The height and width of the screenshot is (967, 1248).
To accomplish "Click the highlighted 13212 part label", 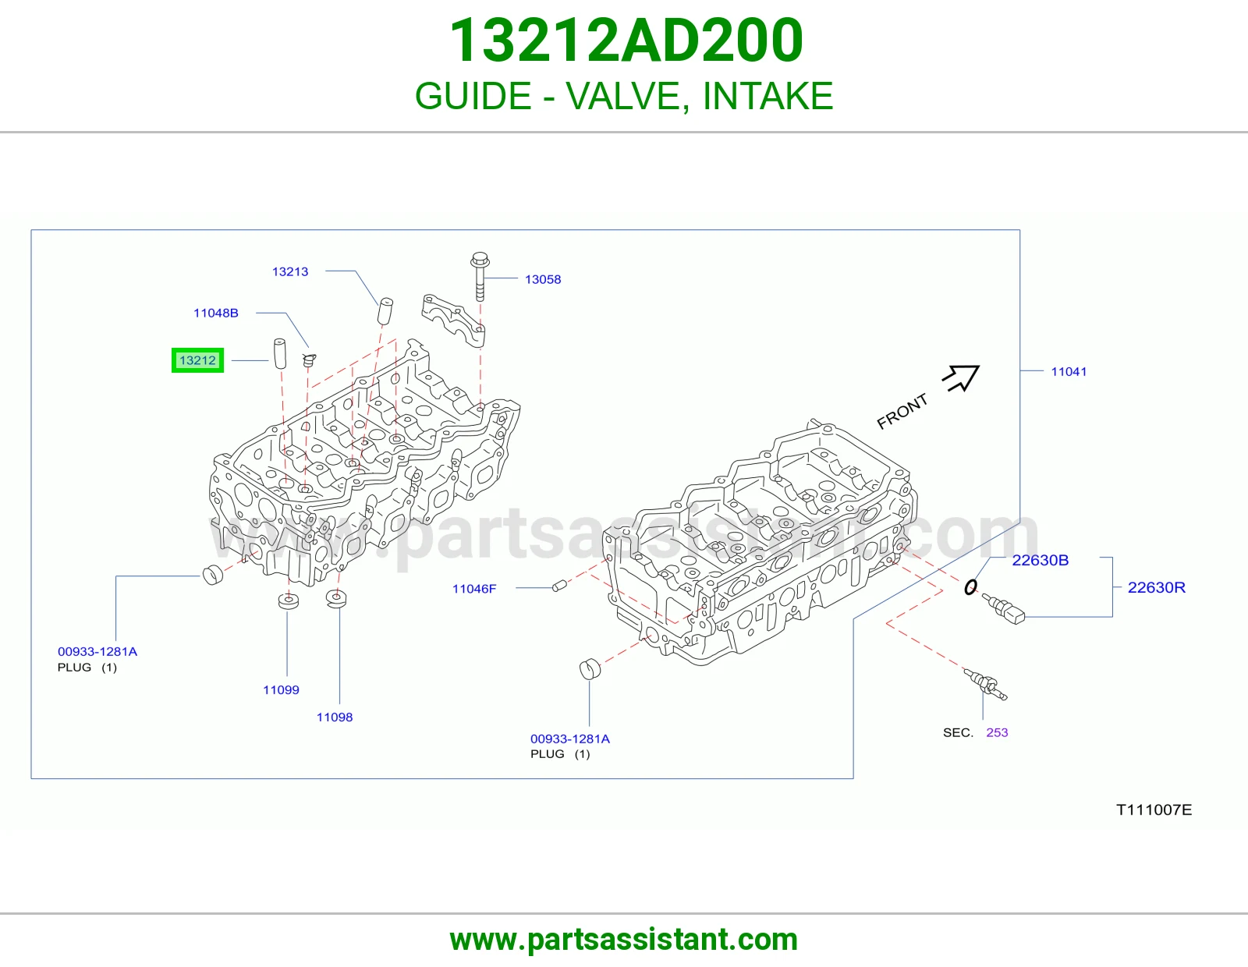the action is (x=197, y=360).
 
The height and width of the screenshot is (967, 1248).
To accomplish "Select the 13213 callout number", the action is (x=290, y=271).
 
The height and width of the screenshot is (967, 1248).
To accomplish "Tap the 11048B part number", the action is (x=216, y=313).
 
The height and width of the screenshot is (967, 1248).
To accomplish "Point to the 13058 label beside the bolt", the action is (x=543, y=280).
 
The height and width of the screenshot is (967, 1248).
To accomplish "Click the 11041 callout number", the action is (x=1069, y=371).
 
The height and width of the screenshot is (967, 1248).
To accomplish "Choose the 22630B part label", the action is (x=1040, y=560).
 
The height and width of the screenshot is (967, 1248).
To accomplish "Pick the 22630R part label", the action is (x=1157, y=587).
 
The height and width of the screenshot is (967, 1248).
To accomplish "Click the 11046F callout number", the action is (x=474, y=589).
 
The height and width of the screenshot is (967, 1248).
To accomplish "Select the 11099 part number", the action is (x=281, y=690).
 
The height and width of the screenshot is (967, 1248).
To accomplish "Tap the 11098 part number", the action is (x=335, y=717).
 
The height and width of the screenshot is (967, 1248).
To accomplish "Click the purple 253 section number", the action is (x=997, y=733).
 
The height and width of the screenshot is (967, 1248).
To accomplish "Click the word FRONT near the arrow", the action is (x=902, y=411).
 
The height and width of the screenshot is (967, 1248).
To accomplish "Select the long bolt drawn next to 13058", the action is (x=480, y=276).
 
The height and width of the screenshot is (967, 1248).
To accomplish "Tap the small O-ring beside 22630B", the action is (x=970, y=587).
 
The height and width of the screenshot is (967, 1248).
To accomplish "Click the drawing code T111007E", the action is (x=1154, y=810).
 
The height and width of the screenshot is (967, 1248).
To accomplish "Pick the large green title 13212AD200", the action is (x=626, y=40).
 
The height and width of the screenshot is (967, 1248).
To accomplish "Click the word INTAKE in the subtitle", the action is (x=768, y=96).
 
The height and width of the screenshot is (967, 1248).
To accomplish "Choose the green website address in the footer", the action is (x=624, y=940).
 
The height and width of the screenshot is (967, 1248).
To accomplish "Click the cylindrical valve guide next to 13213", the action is (x=385, y=310).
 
